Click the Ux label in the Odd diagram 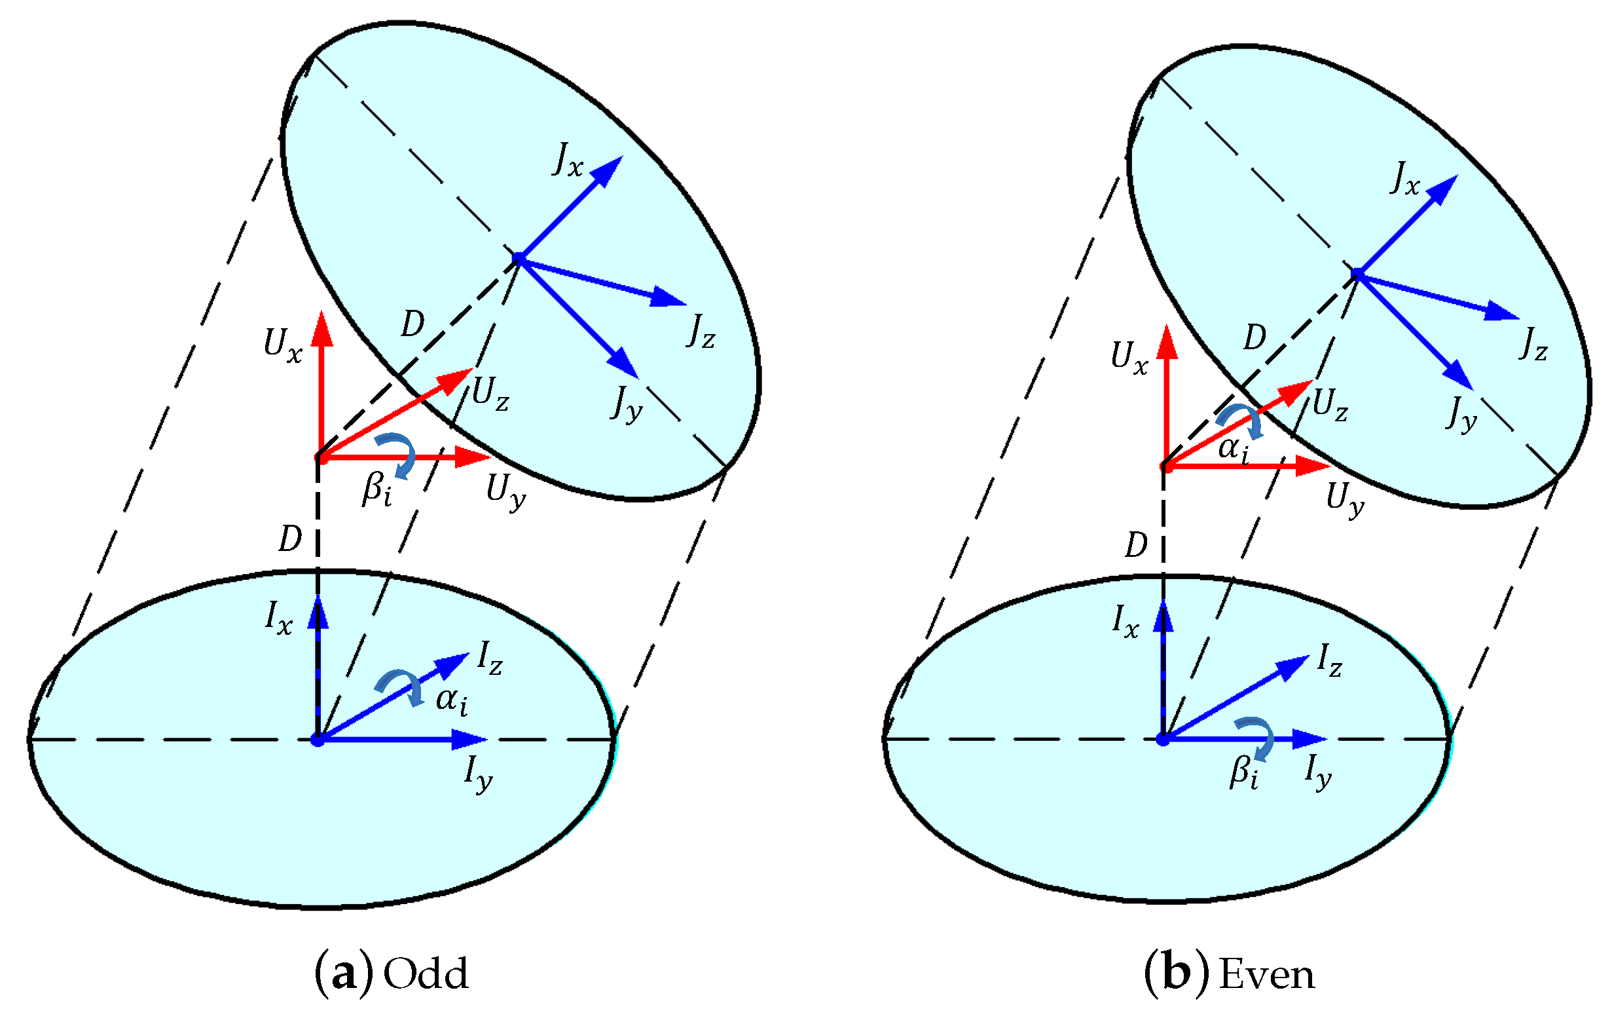[x=282, y=345]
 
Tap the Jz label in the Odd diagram [x=700, y=332]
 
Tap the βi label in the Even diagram [x=1244, y=771]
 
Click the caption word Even [x=1267, y=974]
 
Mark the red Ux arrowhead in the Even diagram [x=1167, y=341]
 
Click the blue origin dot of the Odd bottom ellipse [x=318, y=740]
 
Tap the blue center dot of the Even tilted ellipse [x=1357, y=273]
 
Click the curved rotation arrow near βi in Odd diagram [x=397, y=453]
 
